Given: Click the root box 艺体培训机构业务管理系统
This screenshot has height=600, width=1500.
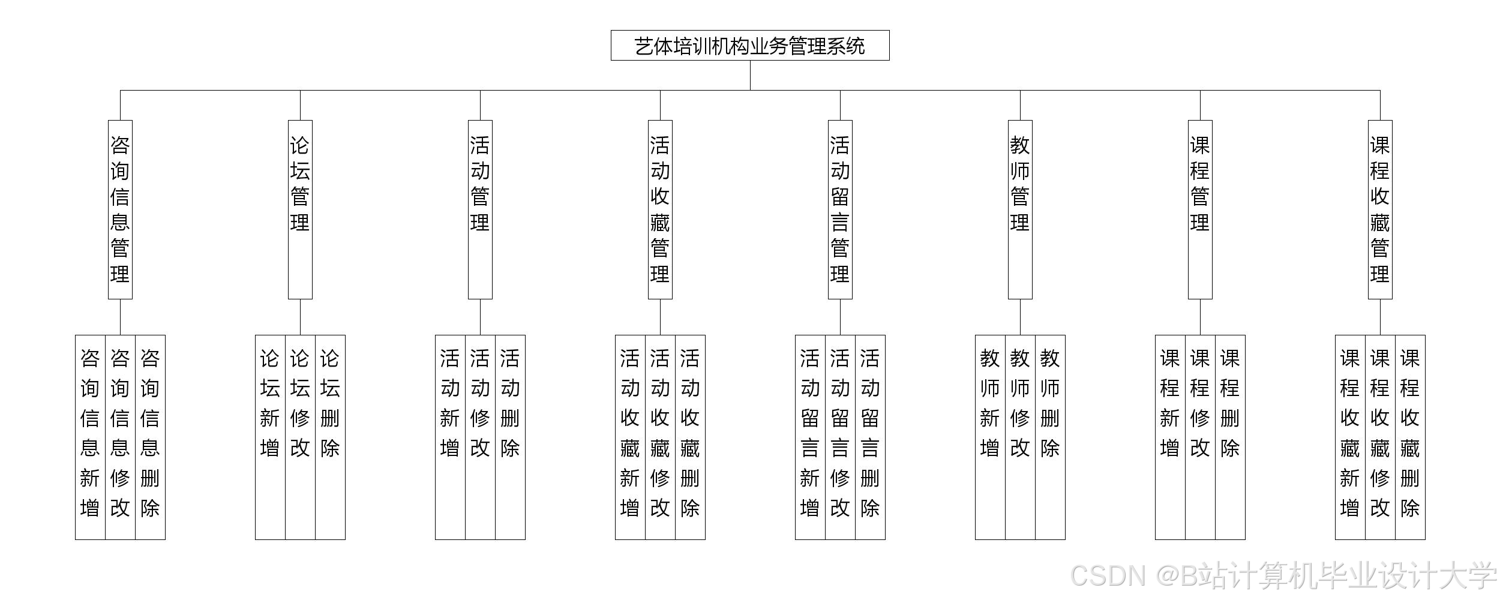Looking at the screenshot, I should click(750, 46).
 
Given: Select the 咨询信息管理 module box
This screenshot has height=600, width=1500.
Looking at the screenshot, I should click(120, 209).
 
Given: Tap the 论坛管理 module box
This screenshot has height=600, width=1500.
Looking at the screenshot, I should click(300, 209).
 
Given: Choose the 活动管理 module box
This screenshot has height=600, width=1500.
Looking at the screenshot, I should click(480, 209).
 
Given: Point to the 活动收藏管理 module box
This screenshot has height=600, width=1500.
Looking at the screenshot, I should click(660, 209).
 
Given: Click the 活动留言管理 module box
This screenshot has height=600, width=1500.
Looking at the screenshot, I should click(840, 209).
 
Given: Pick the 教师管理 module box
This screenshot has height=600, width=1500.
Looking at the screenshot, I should click(1020, 209).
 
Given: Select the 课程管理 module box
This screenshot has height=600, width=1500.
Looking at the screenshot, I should click(1200, 209).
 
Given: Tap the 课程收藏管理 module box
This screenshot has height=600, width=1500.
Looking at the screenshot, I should click(1380, 209).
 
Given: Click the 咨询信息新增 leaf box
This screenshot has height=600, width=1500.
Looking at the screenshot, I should click(90, 437).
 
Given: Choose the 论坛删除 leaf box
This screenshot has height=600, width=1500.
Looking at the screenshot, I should click(330, 437).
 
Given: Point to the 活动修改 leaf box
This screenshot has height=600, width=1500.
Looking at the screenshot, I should click(480, 437).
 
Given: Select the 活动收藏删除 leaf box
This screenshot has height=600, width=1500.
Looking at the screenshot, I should click(690, 437).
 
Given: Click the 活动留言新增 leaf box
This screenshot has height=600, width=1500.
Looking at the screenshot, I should click(810, 437).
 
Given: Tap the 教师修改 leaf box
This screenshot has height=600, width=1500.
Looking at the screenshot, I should click(1020, 437).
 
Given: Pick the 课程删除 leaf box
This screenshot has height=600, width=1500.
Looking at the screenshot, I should click(1230, 437).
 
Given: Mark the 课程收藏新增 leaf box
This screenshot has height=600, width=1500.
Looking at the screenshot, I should click(1350, 437).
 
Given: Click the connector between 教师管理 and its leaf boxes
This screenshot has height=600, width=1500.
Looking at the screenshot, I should click(1020, 317).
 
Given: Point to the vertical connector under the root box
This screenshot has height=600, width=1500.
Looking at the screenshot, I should click(750, 75).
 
